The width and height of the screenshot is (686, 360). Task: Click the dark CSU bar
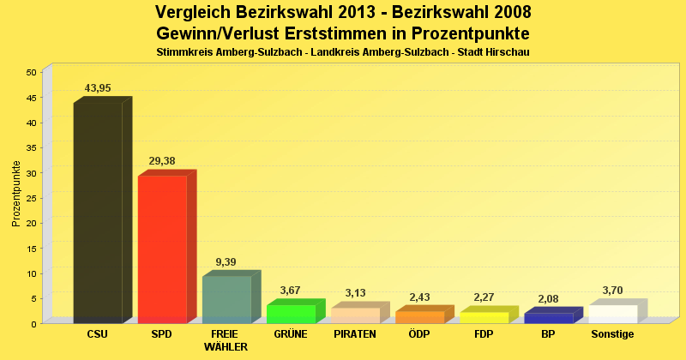tap(98, 212)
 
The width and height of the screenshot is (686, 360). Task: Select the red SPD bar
tap(162, 249)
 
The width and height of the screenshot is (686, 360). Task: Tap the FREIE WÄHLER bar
tap(226, 299)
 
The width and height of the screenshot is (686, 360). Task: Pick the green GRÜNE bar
tap(291, 314)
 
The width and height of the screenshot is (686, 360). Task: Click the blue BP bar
tap(548, 318)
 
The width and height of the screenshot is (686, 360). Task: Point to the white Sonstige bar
tap(612, 314)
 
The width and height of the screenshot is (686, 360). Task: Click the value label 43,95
tap(98, 88)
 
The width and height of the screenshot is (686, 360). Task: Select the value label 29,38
tap(162, 161)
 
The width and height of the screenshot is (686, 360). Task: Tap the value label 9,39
tap(226, 261)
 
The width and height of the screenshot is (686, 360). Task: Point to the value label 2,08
tap(548, 298)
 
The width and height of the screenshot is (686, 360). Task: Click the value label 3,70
tap(612, 291)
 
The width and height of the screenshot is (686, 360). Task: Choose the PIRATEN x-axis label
tap(355, 334)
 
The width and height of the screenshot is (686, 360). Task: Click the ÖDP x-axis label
tap(419, 334)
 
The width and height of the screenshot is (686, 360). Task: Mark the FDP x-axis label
tap(484, 334)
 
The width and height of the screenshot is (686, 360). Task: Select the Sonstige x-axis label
tap(612, 334)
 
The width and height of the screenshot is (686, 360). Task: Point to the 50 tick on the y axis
tap(30, 73)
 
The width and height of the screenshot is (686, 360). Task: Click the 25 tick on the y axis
tap(30, 198)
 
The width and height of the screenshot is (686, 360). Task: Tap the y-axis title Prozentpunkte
tap(16, 194)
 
